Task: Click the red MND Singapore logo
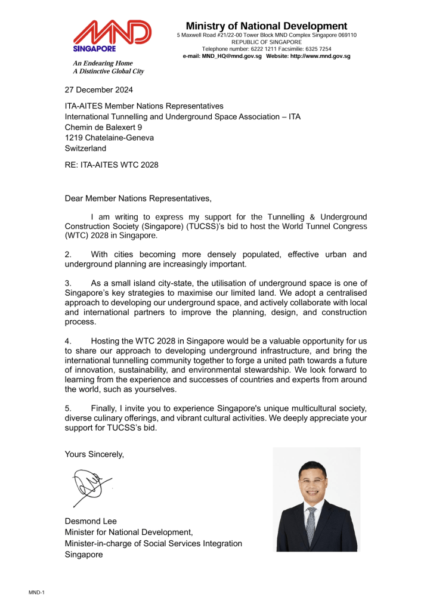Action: [112, 36]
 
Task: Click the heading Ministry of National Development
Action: [266, 26]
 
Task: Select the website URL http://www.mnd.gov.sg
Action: [320, 56]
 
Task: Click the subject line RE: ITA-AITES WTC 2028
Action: [112, 165]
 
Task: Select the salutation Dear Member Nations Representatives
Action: [138, 198]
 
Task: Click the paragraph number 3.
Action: [68, 283]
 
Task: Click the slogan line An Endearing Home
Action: [103, 63]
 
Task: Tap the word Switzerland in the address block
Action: [85, 148]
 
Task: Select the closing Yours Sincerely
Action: [94, 454]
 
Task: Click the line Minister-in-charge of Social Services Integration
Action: [153, 543]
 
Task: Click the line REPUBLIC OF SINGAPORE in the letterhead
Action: [266, 42]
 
